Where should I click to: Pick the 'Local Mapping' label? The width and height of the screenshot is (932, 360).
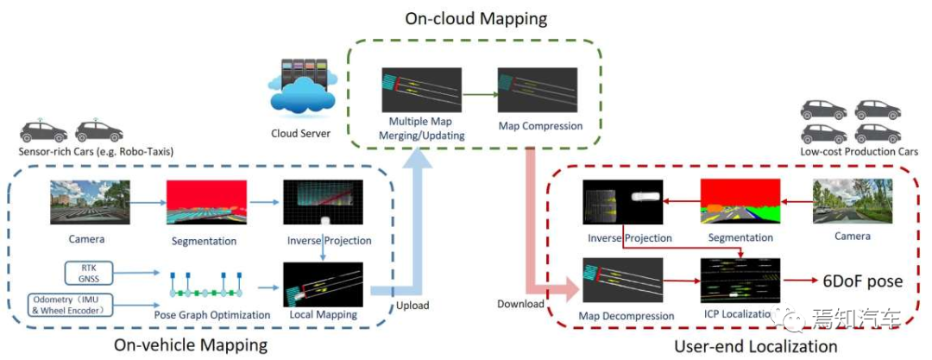click(324, 315)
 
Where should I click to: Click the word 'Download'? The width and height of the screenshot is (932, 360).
click(521, 304)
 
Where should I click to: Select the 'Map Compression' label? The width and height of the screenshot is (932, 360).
click(540, 126)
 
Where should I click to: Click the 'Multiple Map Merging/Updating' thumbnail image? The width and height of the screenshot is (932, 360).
click(421, 90)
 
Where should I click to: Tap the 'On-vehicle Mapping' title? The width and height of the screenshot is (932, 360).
click(191, 345)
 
